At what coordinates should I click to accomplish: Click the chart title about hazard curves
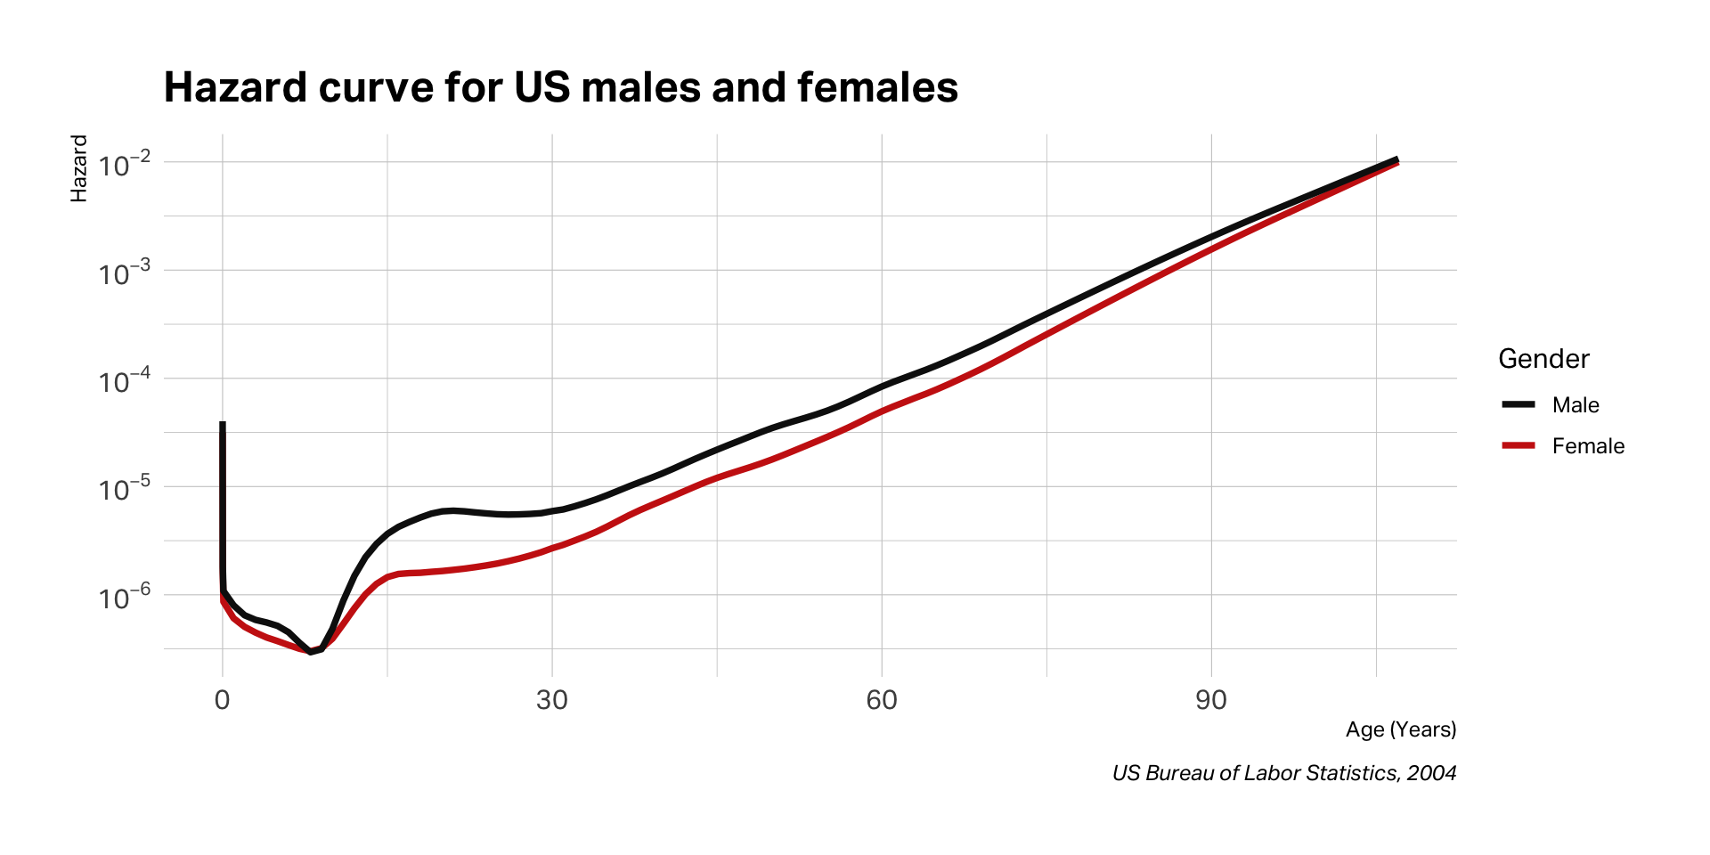560,87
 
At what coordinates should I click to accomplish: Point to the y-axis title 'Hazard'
79,168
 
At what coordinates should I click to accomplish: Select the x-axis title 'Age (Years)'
1400,729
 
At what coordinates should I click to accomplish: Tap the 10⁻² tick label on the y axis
125,165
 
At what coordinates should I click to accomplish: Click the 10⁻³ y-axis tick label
125,273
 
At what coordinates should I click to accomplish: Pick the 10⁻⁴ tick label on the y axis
125,381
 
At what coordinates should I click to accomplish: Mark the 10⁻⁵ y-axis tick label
125,490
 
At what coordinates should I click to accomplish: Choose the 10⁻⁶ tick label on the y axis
125,598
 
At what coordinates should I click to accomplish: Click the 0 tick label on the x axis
222,700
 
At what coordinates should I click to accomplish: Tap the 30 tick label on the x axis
551,700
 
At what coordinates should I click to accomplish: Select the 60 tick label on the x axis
881,700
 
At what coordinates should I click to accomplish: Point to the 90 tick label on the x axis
1210,700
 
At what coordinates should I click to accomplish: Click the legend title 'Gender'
1543,359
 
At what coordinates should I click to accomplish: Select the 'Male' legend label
1576,405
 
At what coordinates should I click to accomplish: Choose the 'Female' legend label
1588,446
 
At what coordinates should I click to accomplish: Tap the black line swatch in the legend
1519,404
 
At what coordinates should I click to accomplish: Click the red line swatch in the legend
1519,445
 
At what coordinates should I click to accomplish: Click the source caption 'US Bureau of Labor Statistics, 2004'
1283,773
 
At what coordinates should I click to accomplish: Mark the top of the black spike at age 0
222,424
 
